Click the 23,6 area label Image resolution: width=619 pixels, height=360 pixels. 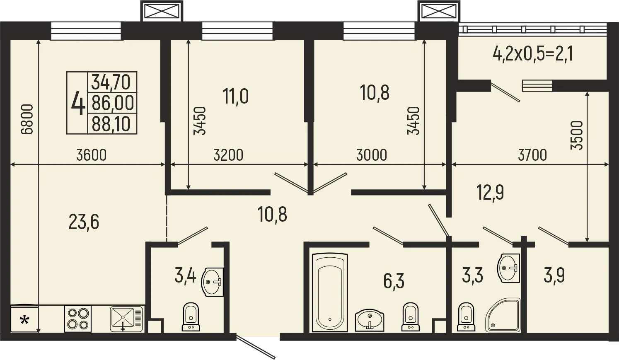pyautogui.click(x=84, y=222)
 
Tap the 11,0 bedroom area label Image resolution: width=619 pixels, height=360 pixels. pyautogui.click(x=236, y=97)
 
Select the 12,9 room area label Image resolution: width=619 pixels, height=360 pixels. pyautogui.click(x=490, y=193)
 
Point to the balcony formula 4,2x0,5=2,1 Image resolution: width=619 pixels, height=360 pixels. pyautogui.click(x=533, y=54)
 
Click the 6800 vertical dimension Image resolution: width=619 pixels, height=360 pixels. pyautogui.click(x=27, y=119)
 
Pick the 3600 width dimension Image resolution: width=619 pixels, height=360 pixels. pyautogui.click(x=92, y=155)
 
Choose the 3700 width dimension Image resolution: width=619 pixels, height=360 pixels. pyautogui.click(x=532, y=155)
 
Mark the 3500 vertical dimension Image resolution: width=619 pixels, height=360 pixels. pyautogui.click(x=577, y=135)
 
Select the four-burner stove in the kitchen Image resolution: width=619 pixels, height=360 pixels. pyautogui.click(x=78, y=319)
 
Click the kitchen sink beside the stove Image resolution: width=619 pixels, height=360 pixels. pyautogui.click(x=126, y=319)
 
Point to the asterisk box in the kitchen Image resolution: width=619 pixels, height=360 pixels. pyautogui.click(x=24, y=320)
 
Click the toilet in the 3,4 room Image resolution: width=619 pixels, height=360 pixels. pyautogui.click(x=191, y=317)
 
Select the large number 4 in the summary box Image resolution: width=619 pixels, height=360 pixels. pyautogui.click(x=78, y=103)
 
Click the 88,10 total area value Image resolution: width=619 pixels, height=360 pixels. pyautogui.click(x=111, y=124)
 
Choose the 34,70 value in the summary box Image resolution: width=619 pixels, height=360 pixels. pyautogui.click(x=111, y=82)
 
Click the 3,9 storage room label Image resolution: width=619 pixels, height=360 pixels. pyautogui.click(x=554, y=275)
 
